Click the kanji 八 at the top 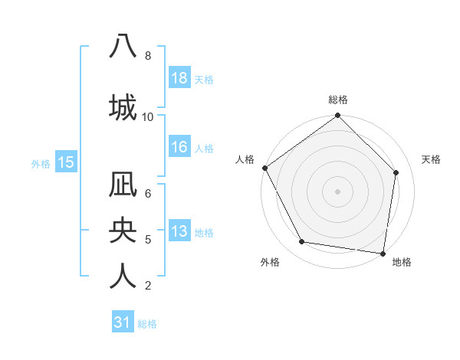point(123,46)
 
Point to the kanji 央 point(123,231)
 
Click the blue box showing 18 point(179,78)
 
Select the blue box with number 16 point(179,147)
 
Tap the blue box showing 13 point(179,231)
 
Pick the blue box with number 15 point(65,162)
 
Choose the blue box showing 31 point(123,323)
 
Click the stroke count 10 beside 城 point(148,117)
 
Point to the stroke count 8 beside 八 point(148,56)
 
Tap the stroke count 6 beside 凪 point(148,193)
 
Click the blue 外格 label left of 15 point(41,163)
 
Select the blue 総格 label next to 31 point(147,324)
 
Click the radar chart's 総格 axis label point(337,100)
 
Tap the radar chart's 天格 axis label point(431,159)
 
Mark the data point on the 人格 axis point(264,168)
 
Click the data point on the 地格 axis point(383,252)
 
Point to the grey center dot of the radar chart point(337,191)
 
